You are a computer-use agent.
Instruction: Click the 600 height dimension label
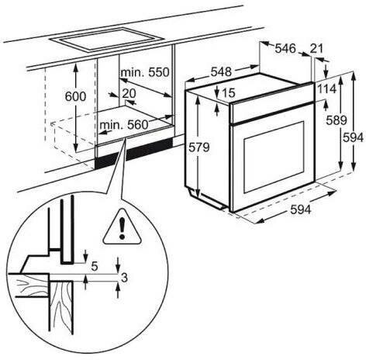(75, 96)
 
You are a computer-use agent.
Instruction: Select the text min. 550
(145, 72)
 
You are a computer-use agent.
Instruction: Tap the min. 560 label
(124, 125)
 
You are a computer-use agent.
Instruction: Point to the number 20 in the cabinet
(129, 93)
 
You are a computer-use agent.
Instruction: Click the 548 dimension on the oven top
(221, 71)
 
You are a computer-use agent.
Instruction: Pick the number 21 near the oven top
(316, 48)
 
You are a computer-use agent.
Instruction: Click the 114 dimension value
(327, 89)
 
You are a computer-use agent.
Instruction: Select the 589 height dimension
(337, 120)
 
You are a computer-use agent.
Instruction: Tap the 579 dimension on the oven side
(199, 147)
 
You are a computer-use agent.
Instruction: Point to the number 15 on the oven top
(228, 92)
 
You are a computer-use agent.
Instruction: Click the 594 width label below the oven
(301, 209)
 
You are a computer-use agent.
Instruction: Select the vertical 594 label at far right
(353, 137)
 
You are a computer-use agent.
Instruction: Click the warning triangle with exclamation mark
(123, 227)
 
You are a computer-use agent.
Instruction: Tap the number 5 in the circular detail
(95, 266)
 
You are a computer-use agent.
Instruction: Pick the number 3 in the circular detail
(124, 278)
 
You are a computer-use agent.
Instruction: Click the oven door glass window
(274, 157)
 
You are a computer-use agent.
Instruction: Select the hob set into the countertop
(107, 40)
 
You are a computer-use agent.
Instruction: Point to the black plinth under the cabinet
(134, 152)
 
